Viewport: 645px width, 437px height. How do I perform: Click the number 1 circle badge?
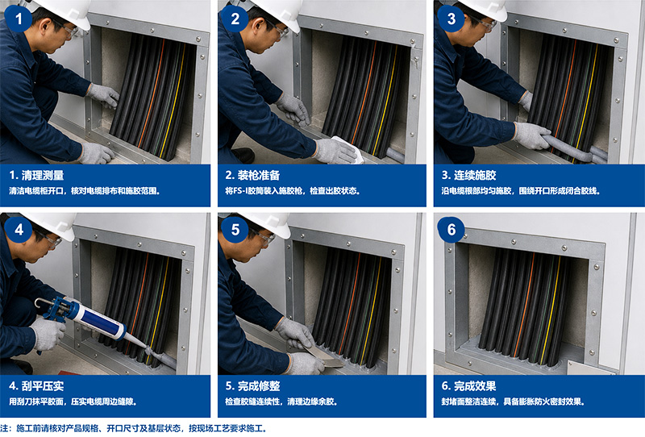coord(18,19)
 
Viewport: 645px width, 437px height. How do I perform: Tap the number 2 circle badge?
coord(235,19)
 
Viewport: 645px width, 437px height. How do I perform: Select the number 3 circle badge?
coord(451,19)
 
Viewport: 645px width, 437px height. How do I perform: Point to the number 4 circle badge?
coord(18,229)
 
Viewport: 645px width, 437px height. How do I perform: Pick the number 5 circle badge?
coord(235,229)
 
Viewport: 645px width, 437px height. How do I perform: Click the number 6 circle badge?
coord(451,229)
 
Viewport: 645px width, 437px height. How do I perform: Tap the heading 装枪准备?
coord(258,175)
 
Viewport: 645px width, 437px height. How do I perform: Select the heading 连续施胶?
coord(475,175)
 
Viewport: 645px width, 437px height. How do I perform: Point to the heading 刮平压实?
coord(43,386)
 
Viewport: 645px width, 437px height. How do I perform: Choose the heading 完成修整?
coord(258,386)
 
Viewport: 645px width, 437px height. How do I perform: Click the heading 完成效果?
coord(475,386)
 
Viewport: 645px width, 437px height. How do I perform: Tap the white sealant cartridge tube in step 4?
coord(98,320)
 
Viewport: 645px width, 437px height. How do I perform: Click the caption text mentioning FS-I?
coord(293,191)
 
